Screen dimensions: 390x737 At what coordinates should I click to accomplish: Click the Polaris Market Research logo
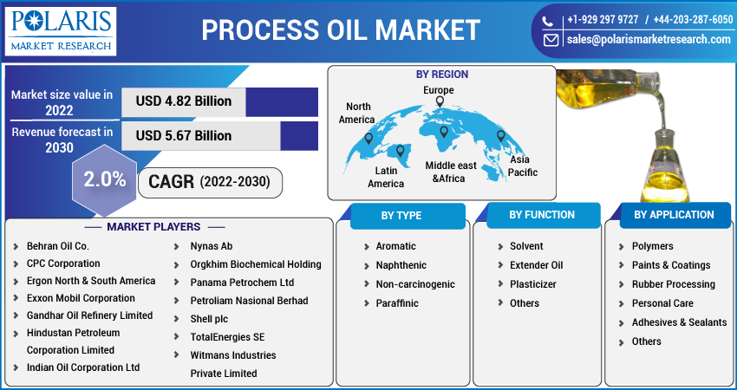[60, 30]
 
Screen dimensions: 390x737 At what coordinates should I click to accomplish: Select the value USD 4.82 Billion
[184, 101]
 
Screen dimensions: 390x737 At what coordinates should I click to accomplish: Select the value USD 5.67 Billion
[184, 136]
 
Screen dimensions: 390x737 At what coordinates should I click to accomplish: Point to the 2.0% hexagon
[105, 180]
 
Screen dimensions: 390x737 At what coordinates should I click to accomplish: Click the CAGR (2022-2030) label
[209, 182]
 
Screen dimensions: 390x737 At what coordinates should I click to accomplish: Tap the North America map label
[356, 113]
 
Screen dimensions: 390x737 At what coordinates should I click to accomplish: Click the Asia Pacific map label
[523, 166]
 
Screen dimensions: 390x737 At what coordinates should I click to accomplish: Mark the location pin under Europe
[440, 102]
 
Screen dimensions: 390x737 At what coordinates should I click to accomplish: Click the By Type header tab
[401, 215]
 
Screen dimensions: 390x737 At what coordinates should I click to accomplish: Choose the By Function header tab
[542, 215]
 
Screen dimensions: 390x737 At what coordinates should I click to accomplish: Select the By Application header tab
[674, 215]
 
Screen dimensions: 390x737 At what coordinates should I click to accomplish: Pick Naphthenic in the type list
[401, 265]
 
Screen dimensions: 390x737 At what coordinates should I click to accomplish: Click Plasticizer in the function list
[532, 284]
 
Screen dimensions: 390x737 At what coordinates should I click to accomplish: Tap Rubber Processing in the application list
[673, 284]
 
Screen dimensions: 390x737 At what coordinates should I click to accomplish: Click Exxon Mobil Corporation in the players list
[81, 298]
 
